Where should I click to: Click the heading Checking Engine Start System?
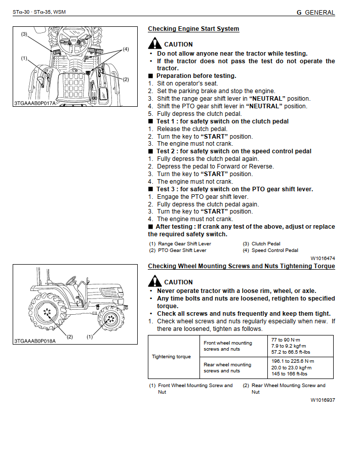193,29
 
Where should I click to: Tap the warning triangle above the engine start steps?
155,44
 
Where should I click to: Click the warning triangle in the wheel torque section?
155,281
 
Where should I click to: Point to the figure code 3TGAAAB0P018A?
35,341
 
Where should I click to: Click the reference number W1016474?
323,258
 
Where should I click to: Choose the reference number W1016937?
323,400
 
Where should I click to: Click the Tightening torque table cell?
172,357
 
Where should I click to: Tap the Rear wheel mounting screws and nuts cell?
227,367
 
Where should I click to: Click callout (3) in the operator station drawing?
24,34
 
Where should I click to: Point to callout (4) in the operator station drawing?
126,49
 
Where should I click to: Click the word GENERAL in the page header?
319,12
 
